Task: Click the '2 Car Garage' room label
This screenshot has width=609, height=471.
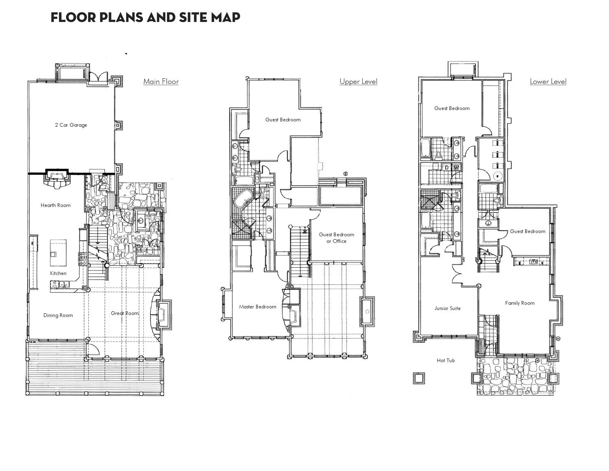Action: pyautogui.click(x=71, y=125)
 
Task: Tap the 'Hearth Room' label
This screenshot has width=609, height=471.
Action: pyautogui.click(x=55, y=205)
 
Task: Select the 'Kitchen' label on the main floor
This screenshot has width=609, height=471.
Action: pyautogui.click(x=58, y=273)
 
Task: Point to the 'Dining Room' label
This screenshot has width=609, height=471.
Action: pyautogui.click(x=58, y=315)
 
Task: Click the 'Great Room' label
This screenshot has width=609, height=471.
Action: pyautogui.click(x=125, y=313)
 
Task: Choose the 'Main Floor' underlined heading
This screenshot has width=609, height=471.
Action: pyautogui.click(x=161, y=81)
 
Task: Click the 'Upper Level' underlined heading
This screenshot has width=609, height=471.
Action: pyautogui.click(x=358, y=81)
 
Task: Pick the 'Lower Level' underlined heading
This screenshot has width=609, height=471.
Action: pyautogui.click(x=548, y=81)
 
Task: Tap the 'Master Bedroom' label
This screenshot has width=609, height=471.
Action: pyautogui.click(x=257, y=307)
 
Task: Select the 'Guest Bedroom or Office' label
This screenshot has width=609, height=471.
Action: pyautogui.click(x=336, y=238)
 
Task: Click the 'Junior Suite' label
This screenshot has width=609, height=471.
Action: pyautogui.click(x=447, y=308)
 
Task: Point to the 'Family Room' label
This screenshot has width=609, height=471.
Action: pyautogui.click(x=519, y=303)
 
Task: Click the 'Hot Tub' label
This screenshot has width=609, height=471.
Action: pyautogui.click(x=445, y=361)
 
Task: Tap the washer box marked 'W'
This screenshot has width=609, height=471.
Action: pyautogui.click(x=456, y=168)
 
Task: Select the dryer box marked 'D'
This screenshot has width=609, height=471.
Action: pyautogui.click(x=447, y=168)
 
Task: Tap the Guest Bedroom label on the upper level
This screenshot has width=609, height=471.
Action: pyautogui.click(x=283, y=120)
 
